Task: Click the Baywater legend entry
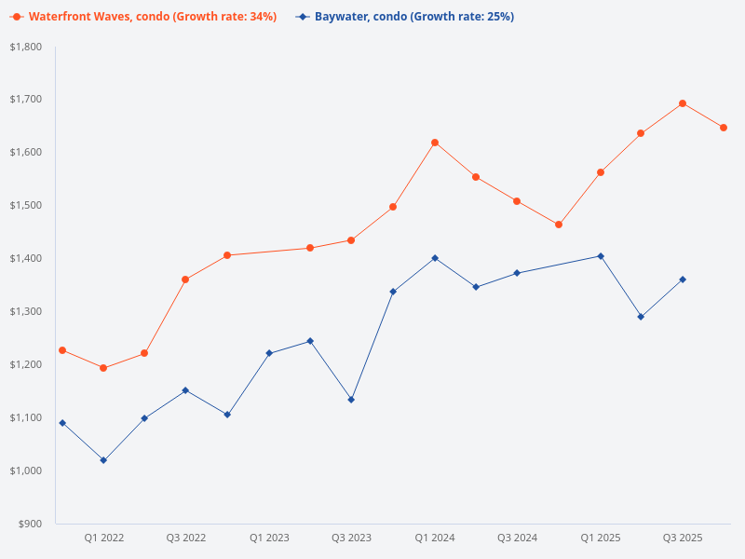411,17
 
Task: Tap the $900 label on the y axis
30,524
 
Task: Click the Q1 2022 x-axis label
103,538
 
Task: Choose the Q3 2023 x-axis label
351,538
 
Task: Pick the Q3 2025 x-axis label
683,538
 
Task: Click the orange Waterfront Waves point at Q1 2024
435,143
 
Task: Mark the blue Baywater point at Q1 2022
103,460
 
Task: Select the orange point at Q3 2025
683,103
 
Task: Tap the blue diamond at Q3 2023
351,400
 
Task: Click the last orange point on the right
724,128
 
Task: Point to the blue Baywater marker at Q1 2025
601,256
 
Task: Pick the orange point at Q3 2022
185,279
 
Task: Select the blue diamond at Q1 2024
435,258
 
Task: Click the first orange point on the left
62,350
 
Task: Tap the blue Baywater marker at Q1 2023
269,353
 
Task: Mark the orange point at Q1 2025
601,172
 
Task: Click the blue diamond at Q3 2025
683,279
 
